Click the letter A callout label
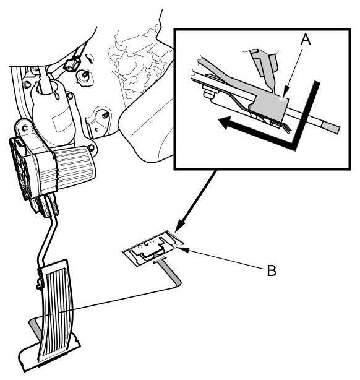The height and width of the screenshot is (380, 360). (x=305, y=39)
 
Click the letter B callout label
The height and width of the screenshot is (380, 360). (x=272, y=270)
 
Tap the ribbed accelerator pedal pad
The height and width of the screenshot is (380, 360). (x=57, y=313)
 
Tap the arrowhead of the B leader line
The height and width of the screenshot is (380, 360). (x=182, y=248)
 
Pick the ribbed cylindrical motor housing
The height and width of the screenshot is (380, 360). (x=72, y=167)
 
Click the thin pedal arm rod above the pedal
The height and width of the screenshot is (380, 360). (x=48, y=240)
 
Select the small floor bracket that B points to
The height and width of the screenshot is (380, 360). (x=153, y=248)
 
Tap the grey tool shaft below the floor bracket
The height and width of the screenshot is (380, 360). (x=170, y=272)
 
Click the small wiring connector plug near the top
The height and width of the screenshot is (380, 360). (x=72, y=64)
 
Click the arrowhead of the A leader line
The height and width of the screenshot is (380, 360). (x=285, y=95)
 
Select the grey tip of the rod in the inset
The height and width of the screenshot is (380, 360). (x=330, y=127)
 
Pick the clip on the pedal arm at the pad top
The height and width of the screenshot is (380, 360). (x=40, y=282)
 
